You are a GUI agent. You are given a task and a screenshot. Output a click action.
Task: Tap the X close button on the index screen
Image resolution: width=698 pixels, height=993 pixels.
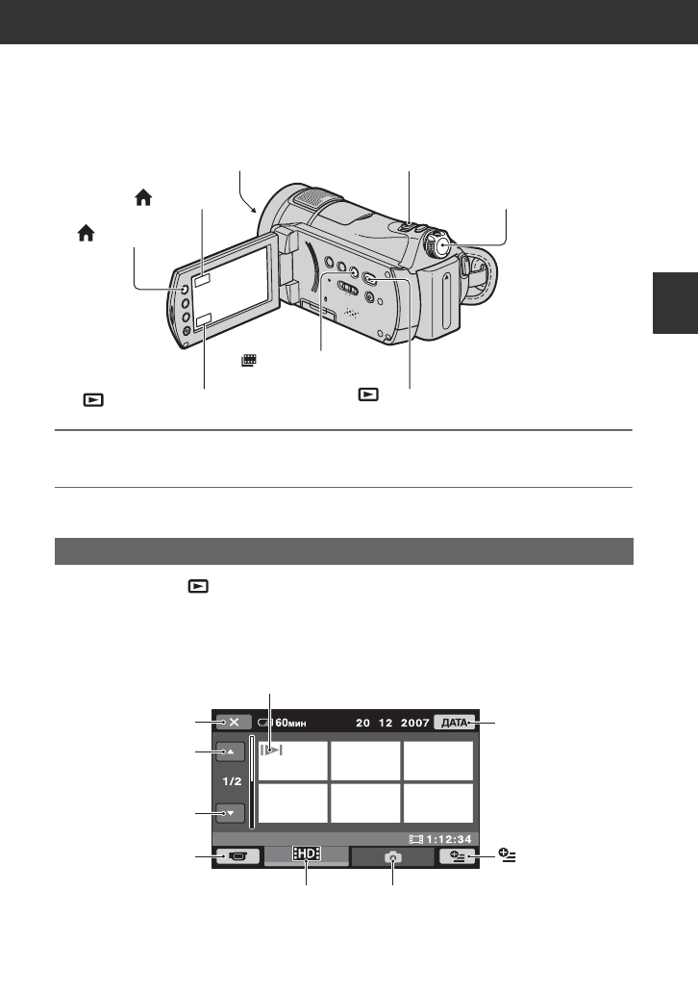pyautogui.click(x=234, y=722)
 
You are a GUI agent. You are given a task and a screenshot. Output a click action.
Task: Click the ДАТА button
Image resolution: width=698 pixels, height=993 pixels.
pyautogui.click(x=455, y=723)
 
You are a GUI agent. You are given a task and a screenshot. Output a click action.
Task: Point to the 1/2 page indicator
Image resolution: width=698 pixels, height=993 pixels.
pyautogui.click(x=232, y=781)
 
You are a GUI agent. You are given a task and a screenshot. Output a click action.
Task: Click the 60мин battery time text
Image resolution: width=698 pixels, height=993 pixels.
pyautogui.click(x=291, y=723)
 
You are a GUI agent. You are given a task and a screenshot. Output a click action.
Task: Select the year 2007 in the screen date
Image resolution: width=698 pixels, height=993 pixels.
pyautogui.click(x=415, y=723)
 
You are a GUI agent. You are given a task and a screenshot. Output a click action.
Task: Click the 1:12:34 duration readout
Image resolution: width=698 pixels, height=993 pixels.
pyautogui.click(x=449, y=839)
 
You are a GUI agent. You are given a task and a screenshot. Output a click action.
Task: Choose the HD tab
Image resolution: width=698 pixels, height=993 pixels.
pyautogui.click(x=307, y=853)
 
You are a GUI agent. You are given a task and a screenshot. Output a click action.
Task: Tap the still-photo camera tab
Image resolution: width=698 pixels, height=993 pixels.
pyautogui.click(x=392, y=856)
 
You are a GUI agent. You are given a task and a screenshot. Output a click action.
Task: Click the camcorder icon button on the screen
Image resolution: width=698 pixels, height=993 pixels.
pyautogui.click(x=237, y=856)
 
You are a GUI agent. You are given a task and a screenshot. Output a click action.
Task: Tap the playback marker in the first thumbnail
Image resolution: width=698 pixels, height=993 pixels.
pyautogui.click(x=271, y=751)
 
